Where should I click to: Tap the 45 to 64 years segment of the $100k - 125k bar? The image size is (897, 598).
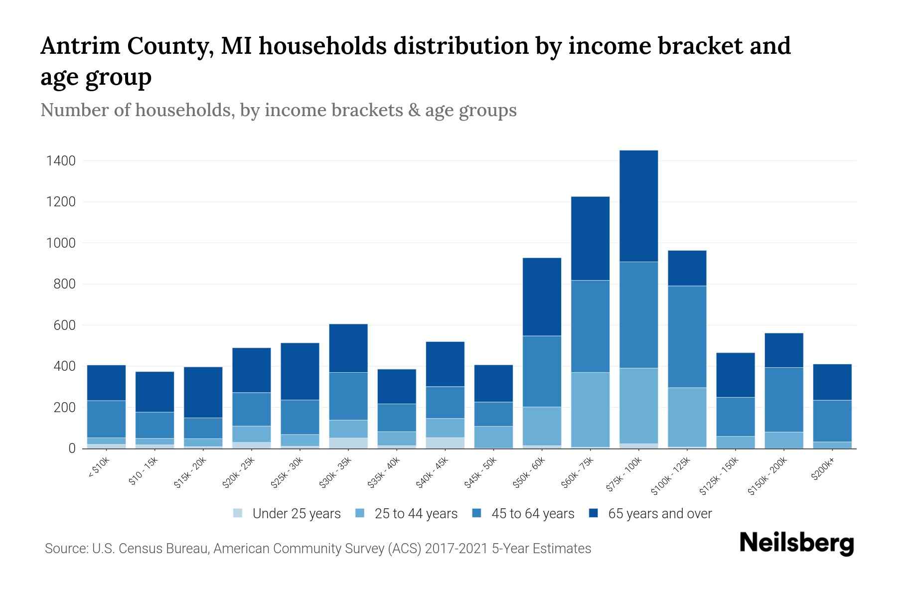[x=687, y=336]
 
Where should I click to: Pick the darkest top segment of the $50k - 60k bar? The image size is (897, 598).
[x=542, y=297]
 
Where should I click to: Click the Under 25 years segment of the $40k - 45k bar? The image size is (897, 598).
[x=445, y=443]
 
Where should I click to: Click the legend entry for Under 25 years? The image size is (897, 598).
[x=287, y=514]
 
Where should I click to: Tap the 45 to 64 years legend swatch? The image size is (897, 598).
[x=476, y=513]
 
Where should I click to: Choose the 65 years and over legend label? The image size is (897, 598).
[x=660, y=514]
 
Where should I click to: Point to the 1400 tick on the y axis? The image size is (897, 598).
[x=61, y=161]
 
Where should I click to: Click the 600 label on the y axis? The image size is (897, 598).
[x=65, y=325]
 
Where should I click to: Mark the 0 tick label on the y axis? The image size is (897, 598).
[x=72, y=448]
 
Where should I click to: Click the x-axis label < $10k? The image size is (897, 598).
[x=98, y=468]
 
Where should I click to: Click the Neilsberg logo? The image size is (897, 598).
[x=796, y=544]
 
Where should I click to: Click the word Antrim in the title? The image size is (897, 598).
[x=80, y=46]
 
